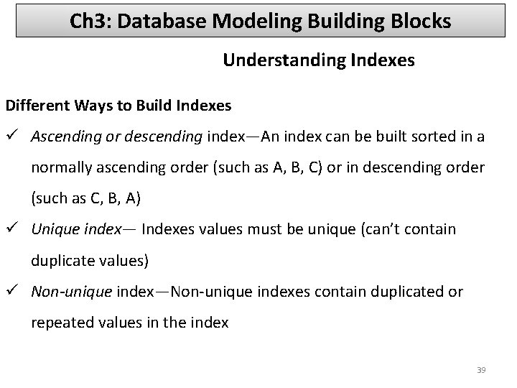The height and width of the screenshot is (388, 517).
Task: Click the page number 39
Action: click(481, 370)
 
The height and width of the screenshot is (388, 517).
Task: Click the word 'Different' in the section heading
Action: click(36, 106)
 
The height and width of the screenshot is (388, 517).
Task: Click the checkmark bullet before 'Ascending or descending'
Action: click(13, 137)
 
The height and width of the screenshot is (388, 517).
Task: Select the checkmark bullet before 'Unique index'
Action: click(13, 229)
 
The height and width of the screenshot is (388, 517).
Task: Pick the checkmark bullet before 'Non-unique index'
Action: click(13, 292)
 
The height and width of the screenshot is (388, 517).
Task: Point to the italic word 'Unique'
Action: click(52, 229)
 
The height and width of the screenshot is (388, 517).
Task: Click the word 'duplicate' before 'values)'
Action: click(61, 260)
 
